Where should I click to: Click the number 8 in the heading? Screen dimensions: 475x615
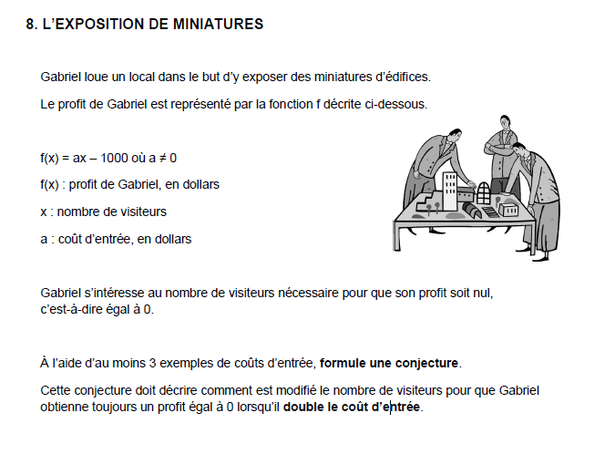tap(32, 25)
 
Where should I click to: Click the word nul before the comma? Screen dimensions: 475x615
tap(494, 294)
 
